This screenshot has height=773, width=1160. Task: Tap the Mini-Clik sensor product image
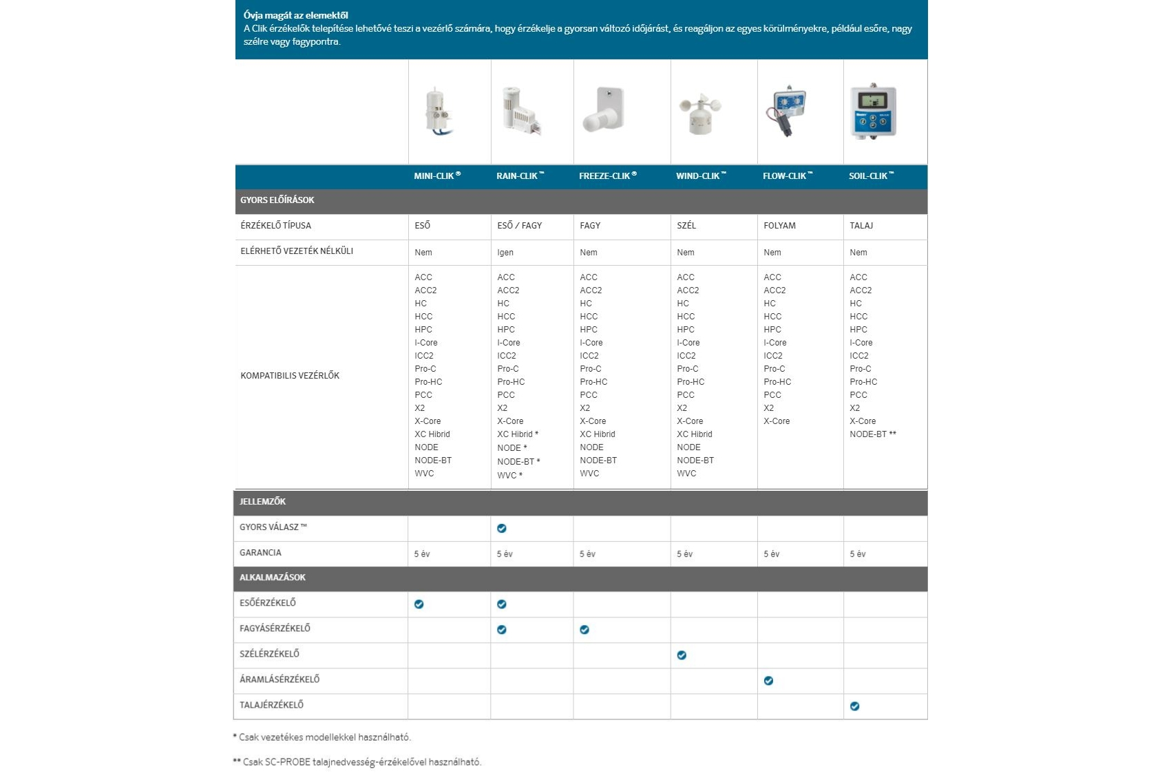point(437,112)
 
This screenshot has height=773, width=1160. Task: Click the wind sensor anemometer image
point(700,113)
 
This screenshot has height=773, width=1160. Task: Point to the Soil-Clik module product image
point(873,112)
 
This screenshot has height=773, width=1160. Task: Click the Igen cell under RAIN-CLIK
point(505,253)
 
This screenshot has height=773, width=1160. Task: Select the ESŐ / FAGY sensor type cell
point(519,226)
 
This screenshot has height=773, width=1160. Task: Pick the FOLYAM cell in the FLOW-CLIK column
point(779,226)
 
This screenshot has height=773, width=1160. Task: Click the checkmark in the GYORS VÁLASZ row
point(502,529)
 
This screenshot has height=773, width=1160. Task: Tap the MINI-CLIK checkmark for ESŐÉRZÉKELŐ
point(419,604)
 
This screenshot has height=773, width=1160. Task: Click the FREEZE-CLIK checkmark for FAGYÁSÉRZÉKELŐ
point(584,630)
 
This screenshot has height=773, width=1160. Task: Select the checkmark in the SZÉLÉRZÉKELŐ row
point(682,655)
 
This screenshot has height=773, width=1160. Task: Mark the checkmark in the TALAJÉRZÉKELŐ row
point(854,706)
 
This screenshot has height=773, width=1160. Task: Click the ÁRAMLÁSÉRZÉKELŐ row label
point(280,679)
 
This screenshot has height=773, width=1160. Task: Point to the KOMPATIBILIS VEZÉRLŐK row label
point(290,376)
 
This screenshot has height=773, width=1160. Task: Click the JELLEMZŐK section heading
point(262,502)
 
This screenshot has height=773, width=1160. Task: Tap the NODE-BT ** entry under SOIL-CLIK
point(872,434)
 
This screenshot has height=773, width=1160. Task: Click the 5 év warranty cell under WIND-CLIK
point(684,554)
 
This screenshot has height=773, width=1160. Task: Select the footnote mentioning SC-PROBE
point(357,762)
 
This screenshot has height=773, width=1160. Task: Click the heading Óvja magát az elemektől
point(296,15)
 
